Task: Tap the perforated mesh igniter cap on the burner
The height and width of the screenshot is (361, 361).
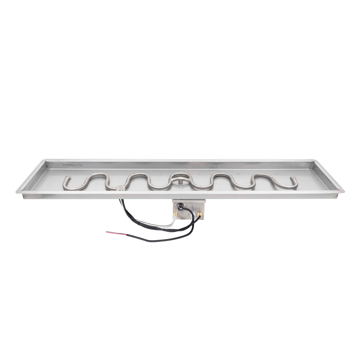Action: (121, 189)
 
